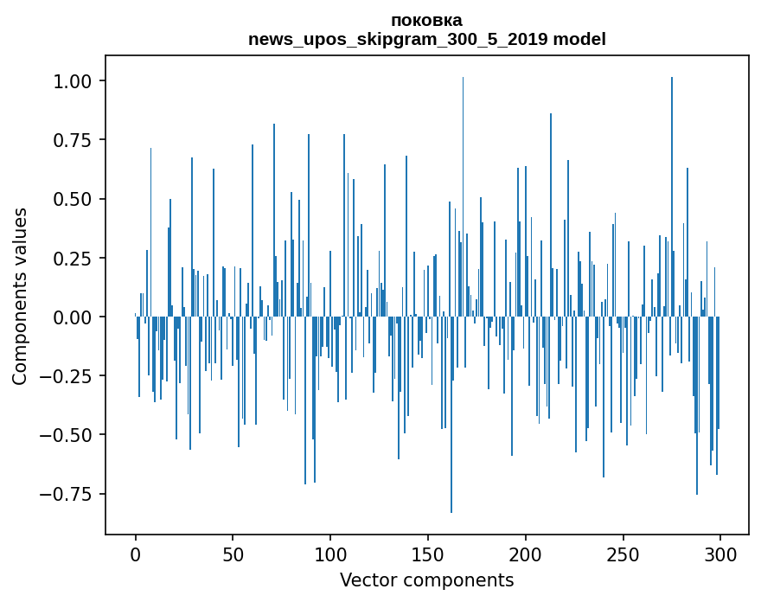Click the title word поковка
tap(426, 20)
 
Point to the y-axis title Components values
tap(20, 296)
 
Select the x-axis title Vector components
tap(426, 580)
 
